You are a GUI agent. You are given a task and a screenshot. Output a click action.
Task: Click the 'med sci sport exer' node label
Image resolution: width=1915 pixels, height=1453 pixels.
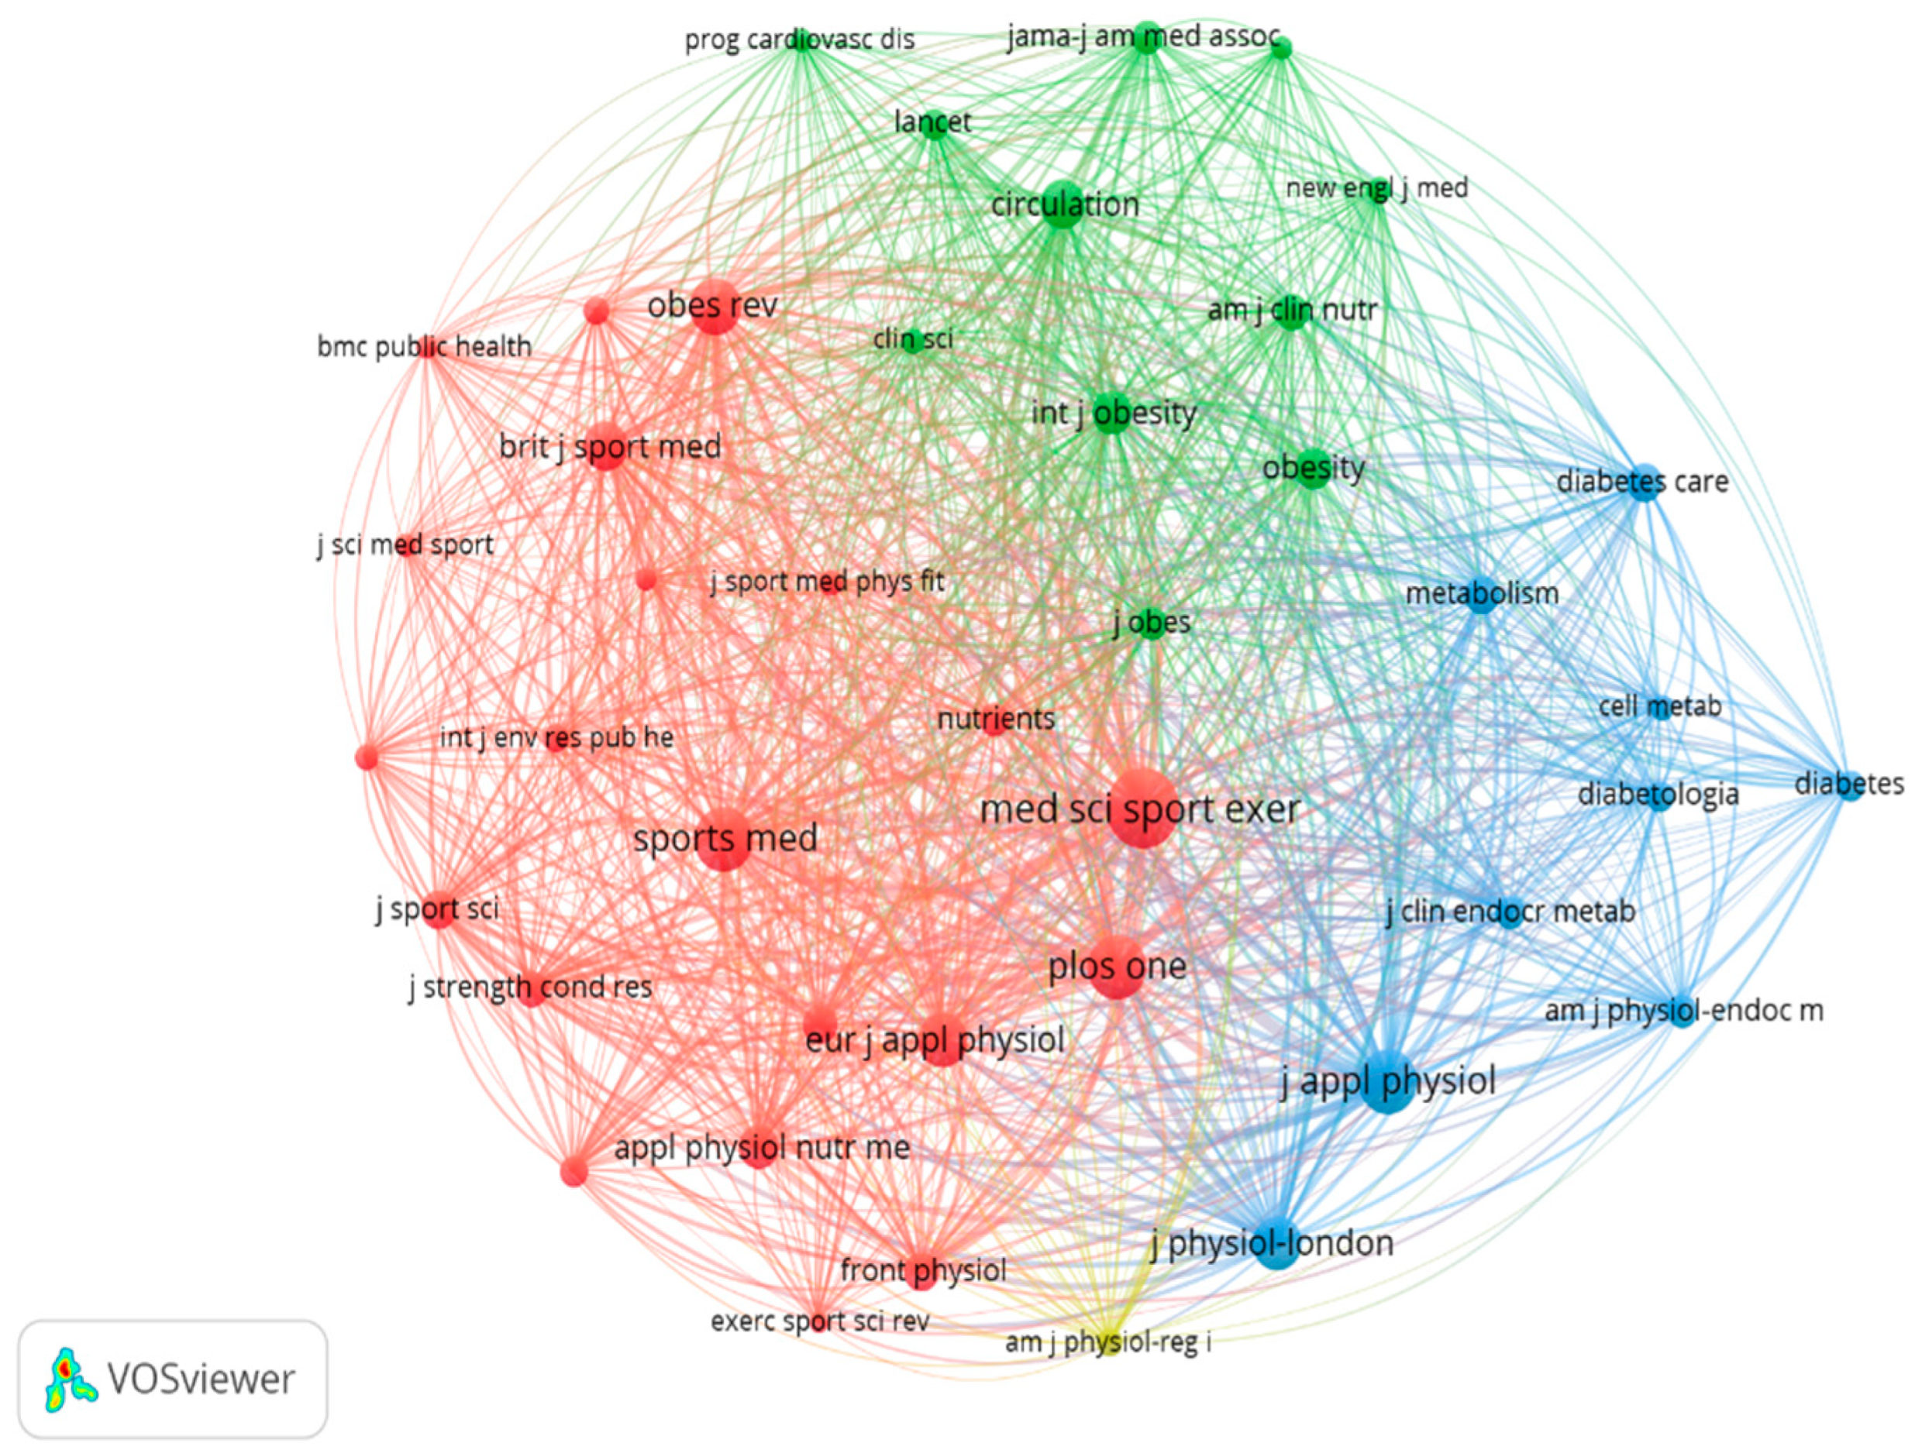[x=1140, y=810]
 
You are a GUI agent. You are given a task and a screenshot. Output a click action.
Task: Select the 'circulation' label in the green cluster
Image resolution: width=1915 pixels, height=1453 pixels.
[x=1065, y=204]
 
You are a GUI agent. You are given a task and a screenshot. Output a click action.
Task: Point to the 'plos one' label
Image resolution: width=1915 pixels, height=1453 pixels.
[x=1117, y=967]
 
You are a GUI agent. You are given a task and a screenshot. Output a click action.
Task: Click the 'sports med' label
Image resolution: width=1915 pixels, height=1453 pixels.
[x=725, y=839]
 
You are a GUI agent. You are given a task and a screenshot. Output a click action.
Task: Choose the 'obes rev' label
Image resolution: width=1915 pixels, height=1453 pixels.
[x=712, y=305]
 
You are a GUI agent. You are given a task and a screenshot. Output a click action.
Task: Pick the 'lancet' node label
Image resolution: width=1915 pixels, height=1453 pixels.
[x=932, y=122]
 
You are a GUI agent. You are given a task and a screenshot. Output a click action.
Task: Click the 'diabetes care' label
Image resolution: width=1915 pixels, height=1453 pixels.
[x=1642, y=481]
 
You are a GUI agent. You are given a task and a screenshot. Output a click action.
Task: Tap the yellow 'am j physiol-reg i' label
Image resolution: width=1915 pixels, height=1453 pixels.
[x=1108, y=1343]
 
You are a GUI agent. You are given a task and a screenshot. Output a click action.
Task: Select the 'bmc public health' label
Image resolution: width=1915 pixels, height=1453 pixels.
[x=424, y=347]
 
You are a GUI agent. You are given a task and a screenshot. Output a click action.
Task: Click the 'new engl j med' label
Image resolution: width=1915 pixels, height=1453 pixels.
[x=1376, y=187]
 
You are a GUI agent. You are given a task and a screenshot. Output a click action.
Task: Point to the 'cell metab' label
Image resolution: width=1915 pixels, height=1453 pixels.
[x=1659, y=706]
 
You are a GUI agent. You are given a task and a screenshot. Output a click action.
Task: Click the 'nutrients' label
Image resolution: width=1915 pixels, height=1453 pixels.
[x=996, y=718]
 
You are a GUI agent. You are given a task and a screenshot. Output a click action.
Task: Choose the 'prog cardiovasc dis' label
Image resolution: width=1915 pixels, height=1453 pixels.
[x=800, y=40]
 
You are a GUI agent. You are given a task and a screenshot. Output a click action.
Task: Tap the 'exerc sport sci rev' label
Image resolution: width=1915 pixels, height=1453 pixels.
[x=820, y=1322]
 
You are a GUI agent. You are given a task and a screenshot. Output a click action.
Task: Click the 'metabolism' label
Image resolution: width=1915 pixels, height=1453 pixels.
[x=1482, y=593]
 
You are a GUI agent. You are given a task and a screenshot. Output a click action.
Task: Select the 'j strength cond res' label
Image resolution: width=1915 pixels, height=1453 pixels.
[x=531, y=987]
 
